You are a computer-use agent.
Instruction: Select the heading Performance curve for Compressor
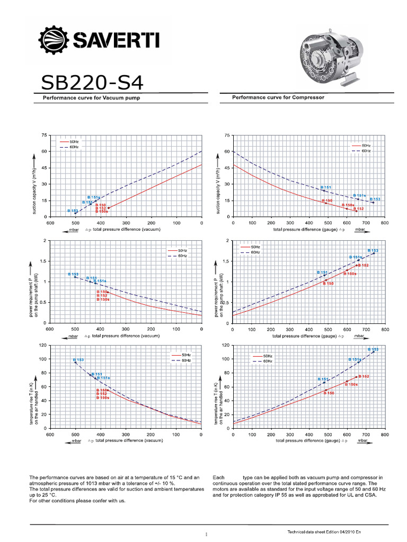pos(278,97)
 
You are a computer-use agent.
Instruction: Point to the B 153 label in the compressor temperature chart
pos(373,349)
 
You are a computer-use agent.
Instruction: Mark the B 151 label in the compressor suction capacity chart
pos(326,187)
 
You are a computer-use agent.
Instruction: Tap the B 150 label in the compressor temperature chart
pos(329,393)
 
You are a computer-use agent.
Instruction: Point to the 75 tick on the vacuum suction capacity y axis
pos(44,135)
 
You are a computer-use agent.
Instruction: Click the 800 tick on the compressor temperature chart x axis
pos(385,435)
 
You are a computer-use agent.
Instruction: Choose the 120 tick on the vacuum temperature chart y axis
pos(43,345)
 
